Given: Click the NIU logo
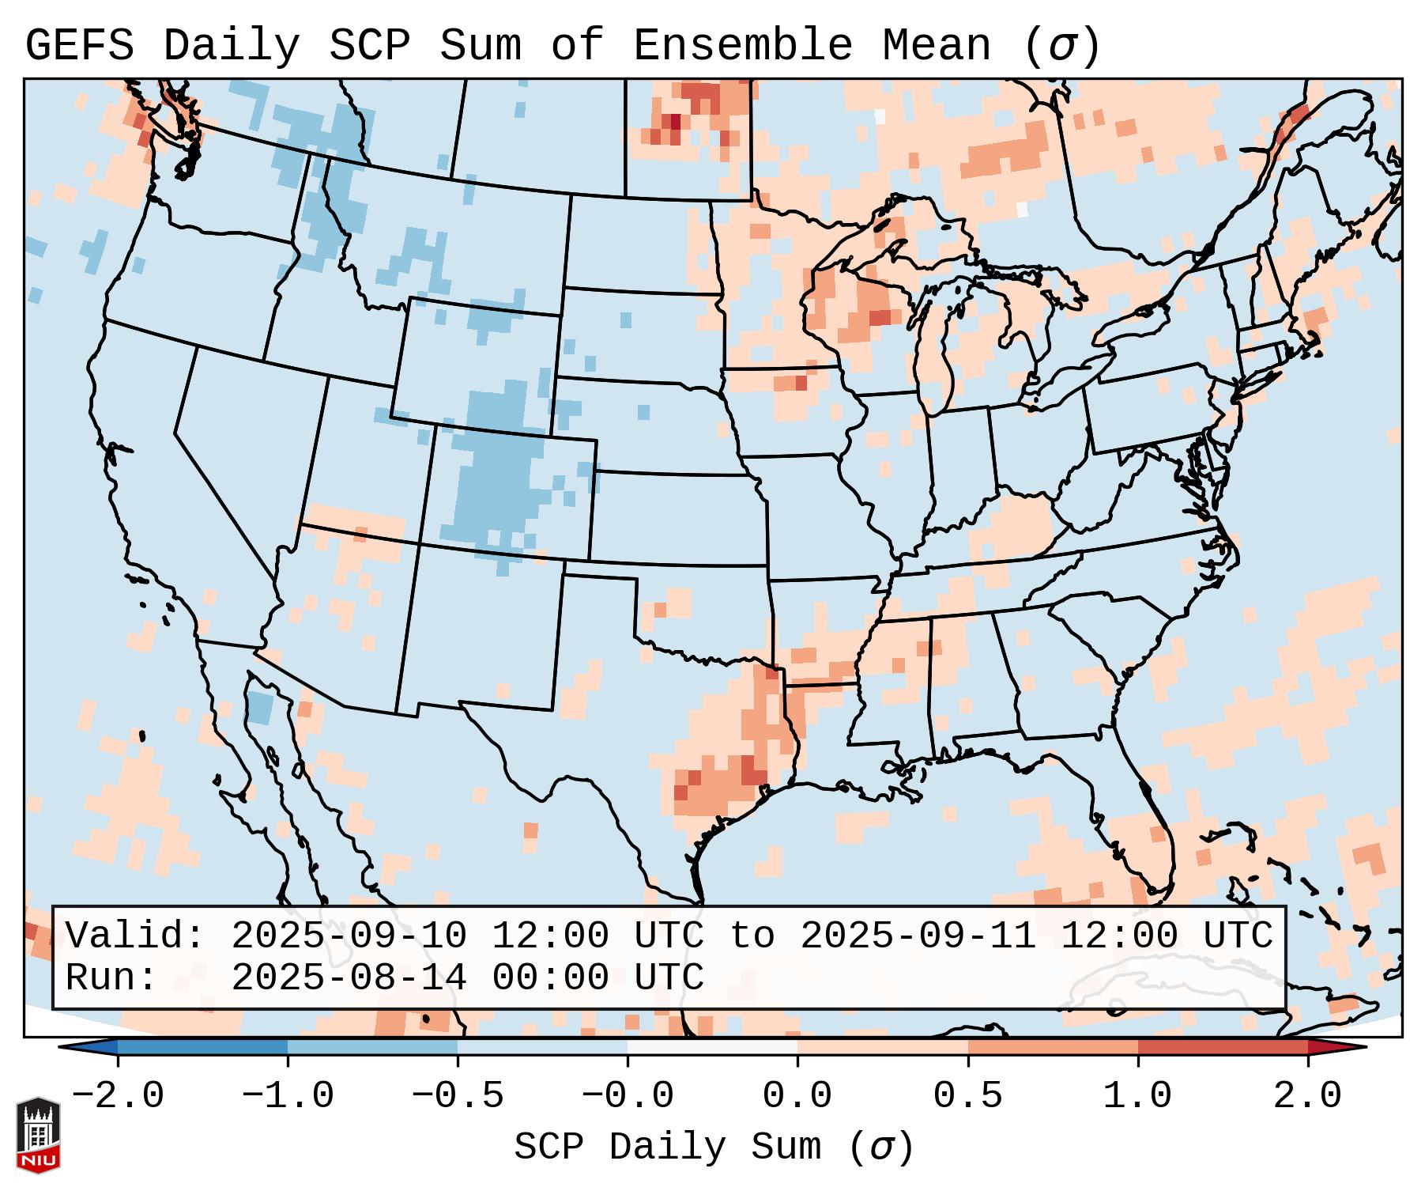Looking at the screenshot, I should pyautogui.click(x=38, y=1135).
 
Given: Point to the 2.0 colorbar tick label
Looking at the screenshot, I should pyautogui.click(x=1307, y=1096).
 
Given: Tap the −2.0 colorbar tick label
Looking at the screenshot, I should pyautogui.click(x=118, y=1096).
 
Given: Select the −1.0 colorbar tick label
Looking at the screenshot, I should pyautogui.click(x=288, y=1096).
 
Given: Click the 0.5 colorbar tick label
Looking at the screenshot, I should pyautogui.click(x=967, y=1096).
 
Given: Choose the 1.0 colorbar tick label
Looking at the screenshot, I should pyautogui.click(x=1137, y=1096).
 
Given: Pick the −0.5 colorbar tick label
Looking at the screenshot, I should pyautogui.click(x=458, y=1096).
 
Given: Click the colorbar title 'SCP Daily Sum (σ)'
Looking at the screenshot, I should pyautogui.click(x=714, y=1148).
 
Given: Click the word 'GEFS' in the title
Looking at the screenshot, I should pyautogui.click(x=79, y=45).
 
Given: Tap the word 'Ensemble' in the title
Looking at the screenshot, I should pyautogui.click(x=742, y=45).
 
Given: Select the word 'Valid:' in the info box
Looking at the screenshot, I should pyautogui.click(x=135, y=936).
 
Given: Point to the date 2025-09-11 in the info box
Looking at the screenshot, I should pyautogui.click(x=918, y=936).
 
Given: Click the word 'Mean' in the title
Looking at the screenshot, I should pyautogui.click(x=936, y=45).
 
